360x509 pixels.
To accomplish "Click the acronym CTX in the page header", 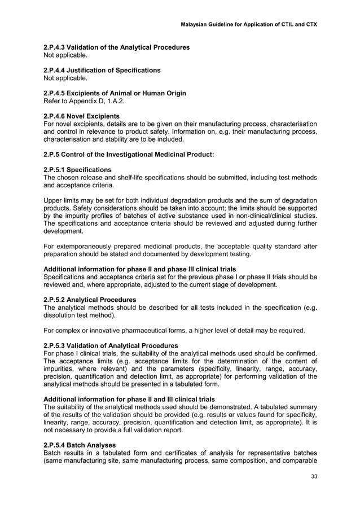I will point(310,25).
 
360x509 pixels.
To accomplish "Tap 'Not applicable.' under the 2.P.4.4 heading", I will point(65,78).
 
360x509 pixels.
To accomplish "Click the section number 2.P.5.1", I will point(57,169).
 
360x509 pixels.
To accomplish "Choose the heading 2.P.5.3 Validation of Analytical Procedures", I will point(111,345).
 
